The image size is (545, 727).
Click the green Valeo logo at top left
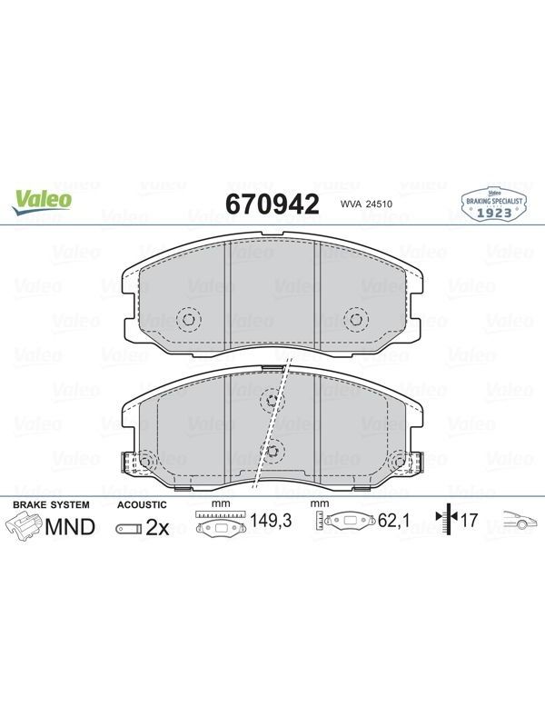pos(42,203)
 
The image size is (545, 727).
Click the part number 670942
pos(272,204)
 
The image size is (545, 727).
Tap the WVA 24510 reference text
pos(367,204)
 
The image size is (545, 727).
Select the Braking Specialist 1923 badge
pos(494,204)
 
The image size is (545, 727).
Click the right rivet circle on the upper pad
pos(356,319)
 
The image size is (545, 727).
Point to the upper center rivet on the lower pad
pos(272,399)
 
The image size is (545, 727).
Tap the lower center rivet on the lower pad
pos(272,449)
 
